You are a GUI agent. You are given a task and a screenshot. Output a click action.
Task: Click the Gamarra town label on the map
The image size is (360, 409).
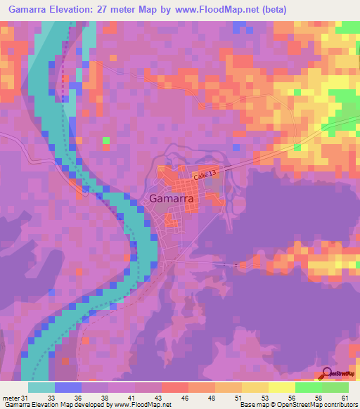pyautogui.click(x=172, y=198)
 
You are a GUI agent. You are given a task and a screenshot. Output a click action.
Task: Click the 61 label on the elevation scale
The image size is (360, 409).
pyautogui.click(x=345, y=398)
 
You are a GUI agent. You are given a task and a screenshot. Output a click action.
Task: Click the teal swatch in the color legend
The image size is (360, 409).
pyautogui.click(x=41, y=387)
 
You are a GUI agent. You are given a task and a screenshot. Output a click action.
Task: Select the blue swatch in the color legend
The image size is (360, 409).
pyautogui.click(x=68, y=387)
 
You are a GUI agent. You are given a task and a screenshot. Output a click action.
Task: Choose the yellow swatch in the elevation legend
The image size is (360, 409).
pyautogui.click(x=281, y=387)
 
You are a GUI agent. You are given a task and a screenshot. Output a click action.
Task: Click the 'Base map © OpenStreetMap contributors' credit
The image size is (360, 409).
pyautogui.click(x=300, y=405)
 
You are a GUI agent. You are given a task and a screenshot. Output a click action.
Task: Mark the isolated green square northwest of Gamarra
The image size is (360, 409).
pyautogui.click(x=105, y=141)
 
